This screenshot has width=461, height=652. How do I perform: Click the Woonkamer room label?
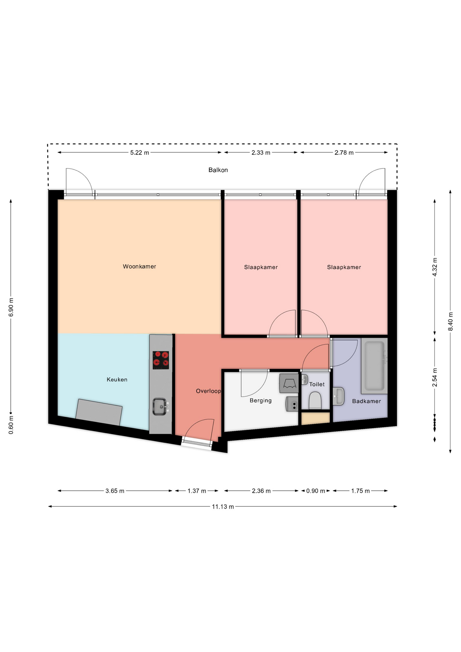click(139, 267)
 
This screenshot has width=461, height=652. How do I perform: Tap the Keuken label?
click(117, 380)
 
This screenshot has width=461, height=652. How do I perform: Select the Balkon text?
click(218, 170)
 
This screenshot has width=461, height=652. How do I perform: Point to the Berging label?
click(260, 401)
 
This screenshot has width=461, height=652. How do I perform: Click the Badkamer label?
click(366, 401)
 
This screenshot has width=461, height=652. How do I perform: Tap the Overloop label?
click(208, 391)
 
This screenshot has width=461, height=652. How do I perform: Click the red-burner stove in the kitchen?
click(161, 360)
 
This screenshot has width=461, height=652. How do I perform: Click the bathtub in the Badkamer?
click(375, 366)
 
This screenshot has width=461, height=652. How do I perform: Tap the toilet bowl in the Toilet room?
click(315, 400)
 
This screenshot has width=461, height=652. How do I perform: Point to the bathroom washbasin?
click(338, 396)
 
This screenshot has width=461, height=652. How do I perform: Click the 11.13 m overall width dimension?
click(223, 507)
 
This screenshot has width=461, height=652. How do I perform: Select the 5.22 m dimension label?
click(140, 153)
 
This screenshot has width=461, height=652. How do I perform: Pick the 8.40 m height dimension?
click(451, 321)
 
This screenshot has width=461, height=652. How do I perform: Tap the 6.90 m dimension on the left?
click(11, 307)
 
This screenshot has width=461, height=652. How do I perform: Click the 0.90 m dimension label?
click(316, 491)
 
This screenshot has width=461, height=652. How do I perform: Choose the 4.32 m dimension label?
click(435, 267)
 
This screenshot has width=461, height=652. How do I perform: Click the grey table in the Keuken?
click(99, 412)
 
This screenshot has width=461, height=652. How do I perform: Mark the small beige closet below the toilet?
click(316, 418)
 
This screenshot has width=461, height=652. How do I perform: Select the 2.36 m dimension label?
click(261, 491)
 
